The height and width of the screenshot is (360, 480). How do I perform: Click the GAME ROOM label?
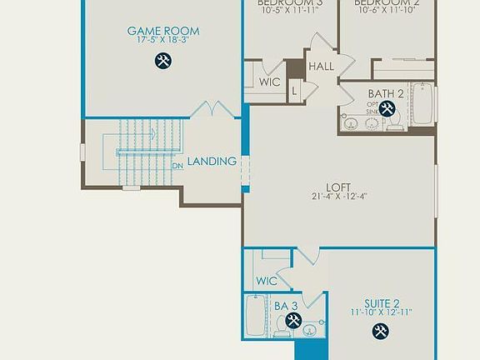click(163, 32)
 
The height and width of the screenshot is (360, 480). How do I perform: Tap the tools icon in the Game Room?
click(163, 60)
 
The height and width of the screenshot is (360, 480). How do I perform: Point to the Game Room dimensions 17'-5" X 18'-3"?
click(163, 42)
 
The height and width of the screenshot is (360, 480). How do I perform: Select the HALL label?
click(321, 67)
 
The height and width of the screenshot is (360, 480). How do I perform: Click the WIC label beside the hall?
click(269, 82)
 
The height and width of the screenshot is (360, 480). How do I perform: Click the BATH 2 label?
click(385, 93)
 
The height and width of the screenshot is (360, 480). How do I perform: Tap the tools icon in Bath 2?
click(387, 109)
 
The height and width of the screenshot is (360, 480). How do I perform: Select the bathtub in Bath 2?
click(422, 104)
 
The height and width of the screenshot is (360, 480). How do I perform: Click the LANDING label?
click(212, 161)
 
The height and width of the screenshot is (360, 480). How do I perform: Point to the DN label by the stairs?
click(177, 165)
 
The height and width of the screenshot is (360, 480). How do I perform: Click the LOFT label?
click(338, 187)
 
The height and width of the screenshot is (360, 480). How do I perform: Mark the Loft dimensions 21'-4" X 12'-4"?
click(338, 197)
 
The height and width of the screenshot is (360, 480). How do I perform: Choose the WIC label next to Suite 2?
click(267, 281)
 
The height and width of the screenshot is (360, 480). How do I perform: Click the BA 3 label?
click(287, 306)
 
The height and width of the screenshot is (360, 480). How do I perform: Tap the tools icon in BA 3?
click(292, 321)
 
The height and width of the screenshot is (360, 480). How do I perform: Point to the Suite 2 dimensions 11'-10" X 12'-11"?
click(382, 312)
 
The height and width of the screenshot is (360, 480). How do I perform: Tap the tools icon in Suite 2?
click(380, 331)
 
